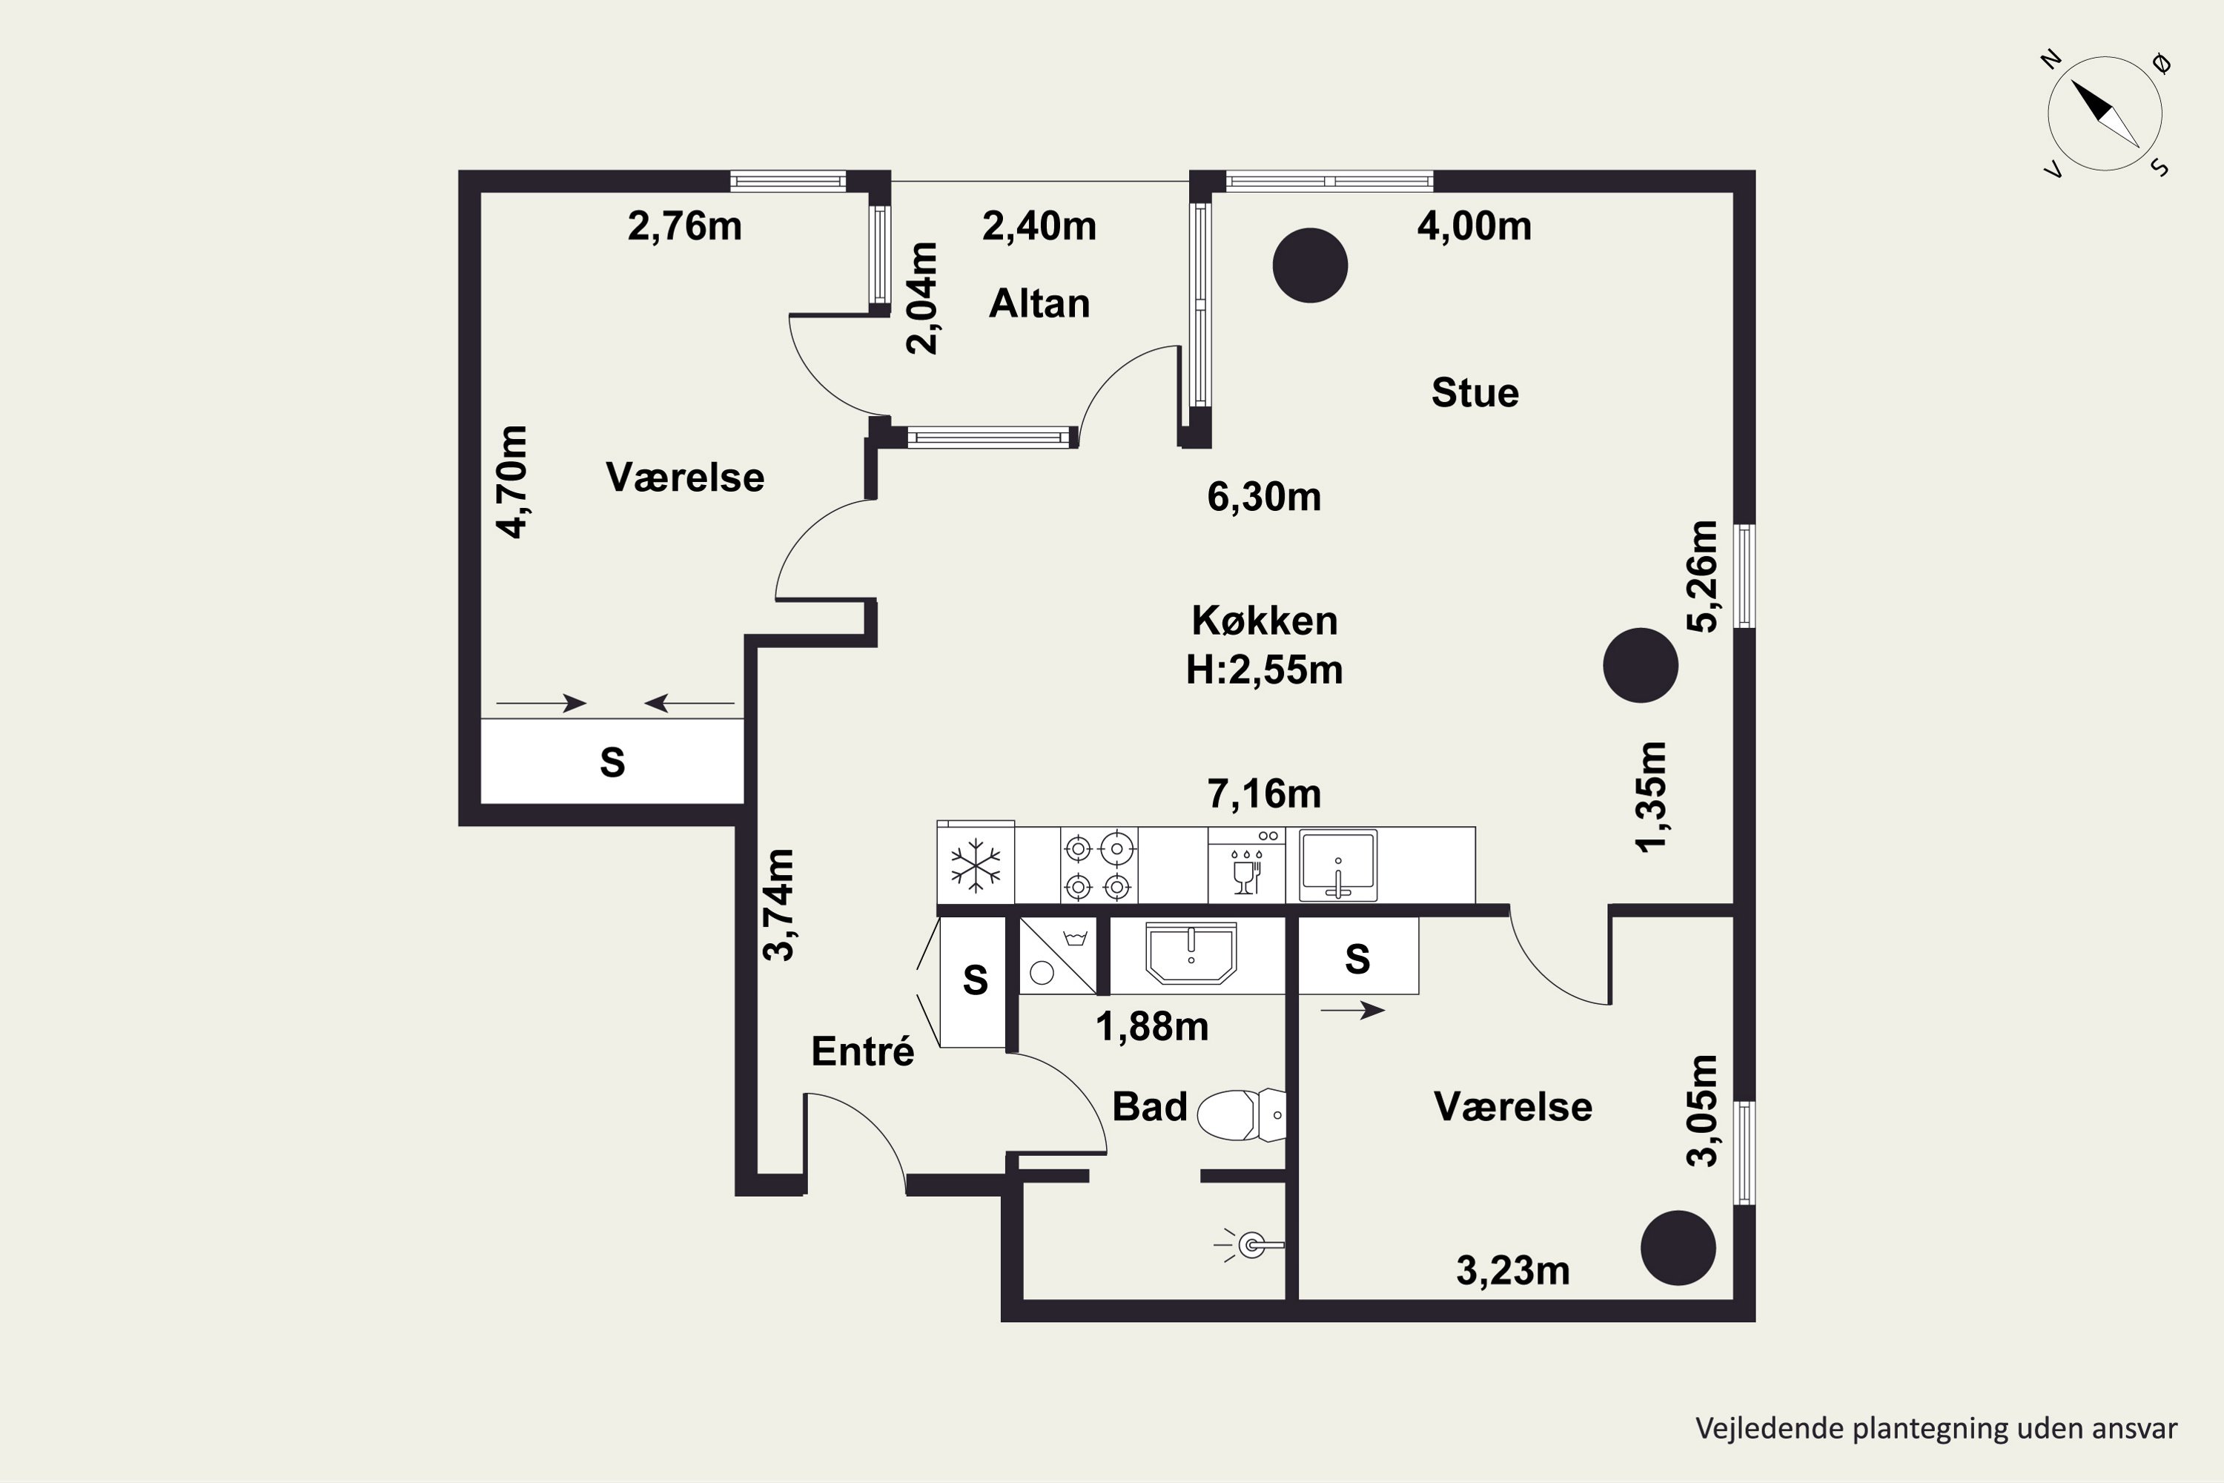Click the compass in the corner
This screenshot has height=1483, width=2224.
click(2105, 113)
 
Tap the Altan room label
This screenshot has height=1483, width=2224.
click(1039, 303)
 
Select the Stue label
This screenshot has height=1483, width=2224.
click(1475, 392)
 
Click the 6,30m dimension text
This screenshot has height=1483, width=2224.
click(1264, 498)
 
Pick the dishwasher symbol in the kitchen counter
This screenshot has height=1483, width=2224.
click(1246, 866)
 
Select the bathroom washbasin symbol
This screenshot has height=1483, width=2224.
click(1191, 954)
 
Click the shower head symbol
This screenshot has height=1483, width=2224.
click(1249, 1246)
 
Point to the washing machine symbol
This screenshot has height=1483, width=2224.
click(1057, 955)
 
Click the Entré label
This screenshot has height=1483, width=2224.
click(862, 1051)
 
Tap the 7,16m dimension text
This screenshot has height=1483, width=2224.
click(1264, 794)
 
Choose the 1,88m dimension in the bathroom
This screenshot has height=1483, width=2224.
click(1152, 1027)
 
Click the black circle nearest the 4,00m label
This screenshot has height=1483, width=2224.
click(1310, 265)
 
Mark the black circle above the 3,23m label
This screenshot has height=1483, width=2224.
click(1678, 1249)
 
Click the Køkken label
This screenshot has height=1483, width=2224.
click(1264, 621)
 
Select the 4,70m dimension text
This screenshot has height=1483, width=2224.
click(512, 483)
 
